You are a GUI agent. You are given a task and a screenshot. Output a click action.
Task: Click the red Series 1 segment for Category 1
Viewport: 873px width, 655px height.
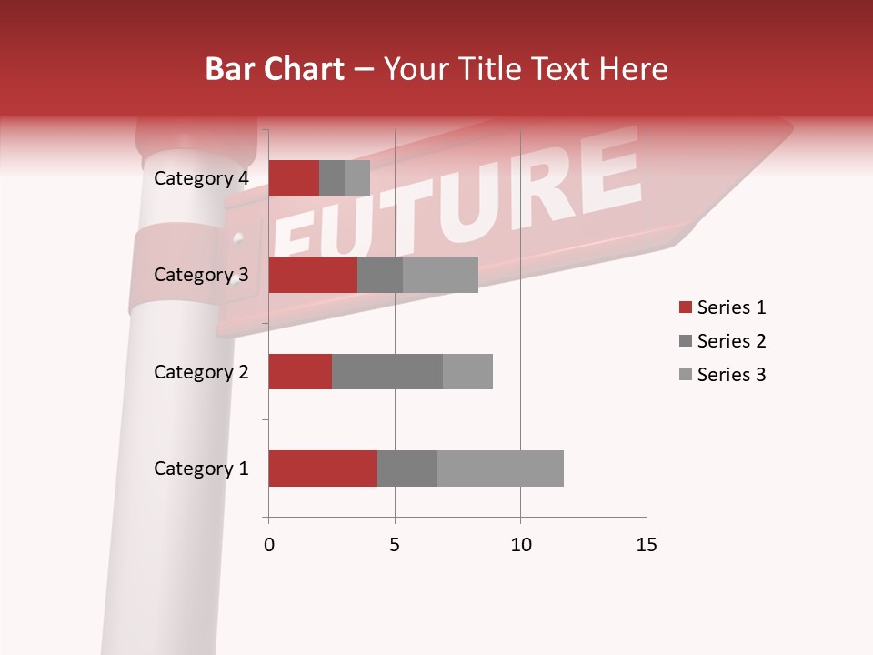tap(323, 469)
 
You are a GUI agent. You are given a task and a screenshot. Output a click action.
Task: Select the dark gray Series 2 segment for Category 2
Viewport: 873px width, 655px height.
tap(387, 371)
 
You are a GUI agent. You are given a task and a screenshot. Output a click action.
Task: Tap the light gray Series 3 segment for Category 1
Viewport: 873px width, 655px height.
tap(500, 469)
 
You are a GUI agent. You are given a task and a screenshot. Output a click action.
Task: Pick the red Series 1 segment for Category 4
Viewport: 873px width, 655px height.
tap(294, 178)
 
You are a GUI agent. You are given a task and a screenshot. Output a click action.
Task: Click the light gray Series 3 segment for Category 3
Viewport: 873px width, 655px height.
tap(440, 275)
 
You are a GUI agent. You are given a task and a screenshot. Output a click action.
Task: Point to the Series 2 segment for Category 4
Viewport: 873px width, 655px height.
tap(332, 178)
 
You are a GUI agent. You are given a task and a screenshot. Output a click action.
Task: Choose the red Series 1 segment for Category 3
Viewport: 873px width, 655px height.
tap(313, 275)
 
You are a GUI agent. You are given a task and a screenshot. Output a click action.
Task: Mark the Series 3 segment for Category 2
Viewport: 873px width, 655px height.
tap(467, 371)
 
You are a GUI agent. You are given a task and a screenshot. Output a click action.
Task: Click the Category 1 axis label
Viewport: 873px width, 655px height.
tap(201, 469)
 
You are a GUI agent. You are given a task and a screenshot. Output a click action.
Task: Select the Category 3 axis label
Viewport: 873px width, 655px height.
tap(201, 275)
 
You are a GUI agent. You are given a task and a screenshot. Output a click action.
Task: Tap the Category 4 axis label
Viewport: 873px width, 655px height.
tap(201, 178)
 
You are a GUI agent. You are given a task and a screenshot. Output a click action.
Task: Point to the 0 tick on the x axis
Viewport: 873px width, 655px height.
tap(269, 545)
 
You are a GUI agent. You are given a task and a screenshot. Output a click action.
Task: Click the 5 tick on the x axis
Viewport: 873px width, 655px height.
tap(395, 545)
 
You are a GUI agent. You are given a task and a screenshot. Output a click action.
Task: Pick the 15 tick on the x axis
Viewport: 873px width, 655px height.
tap(646, 545)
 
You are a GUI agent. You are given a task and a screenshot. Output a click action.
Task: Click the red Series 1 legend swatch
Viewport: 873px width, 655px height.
tap(685, 307)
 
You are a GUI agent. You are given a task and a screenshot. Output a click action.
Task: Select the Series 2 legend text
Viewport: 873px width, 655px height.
tap(731, 341)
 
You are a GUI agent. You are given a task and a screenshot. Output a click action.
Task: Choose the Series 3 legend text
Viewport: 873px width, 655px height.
tap(731, 375)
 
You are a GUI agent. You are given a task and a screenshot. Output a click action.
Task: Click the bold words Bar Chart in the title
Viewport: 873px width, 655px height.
tap(275, 69)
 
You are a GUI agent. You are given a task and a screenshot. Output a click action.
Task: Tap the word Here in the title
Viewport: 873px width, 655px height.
tap(635, 69)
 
